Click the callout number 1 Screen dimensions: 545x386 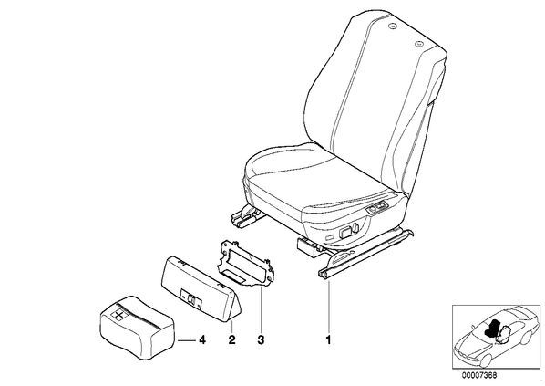pos(328,339)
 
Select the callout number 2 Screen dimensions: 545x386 pos(231,339)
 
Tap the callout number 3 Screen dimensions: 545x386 pos(261,339)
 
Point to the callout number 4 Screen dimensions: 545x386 pos(201,339)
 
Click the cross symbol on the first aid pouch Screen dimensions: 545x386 pos(118,316)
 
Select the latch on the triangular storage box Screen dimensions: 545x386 pos(190,298)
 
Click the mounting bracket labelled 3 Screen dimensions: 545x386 pos(245,263)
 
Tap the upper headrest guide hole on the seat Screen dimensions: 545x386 pos(393,26)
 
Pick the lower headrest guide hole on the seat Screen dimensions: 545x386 pos(419,44)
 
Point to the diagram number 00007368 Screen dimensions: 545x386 pos(479,376)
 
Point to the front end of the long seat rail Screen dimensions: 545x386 pos(322,275)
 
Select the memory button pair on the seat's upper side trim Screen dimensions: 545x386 pos(377,208)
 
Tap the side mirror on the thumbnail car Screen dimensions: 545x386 pos(473,327)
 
